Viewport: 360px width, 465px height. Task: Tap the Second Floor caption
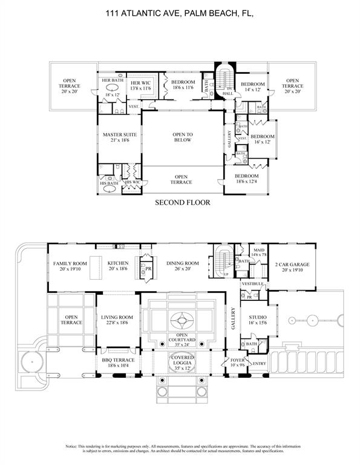(x=183, y=203)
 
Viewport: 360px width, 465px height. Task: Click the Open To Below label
(x=182, y=137)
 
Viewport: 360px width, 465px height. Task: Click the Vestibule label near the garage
(x=251, y=283)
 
